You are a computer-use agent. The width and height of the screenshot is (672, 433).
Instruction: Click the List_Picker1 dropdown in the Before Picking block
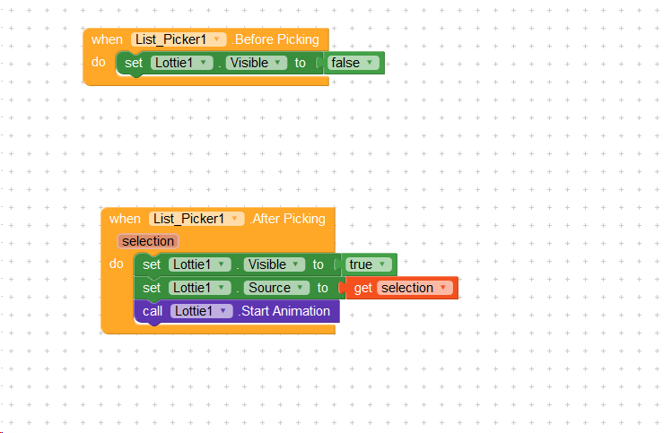(178, 39)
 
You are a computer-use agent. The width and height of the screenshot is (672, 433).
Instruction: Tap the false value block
(352, 63)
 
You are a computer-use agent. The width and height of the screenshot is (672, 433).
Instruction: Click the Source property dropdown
(275, 288)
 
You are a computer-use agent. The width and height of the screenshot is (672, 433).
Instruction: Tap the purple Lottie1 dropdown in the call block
(201, 311)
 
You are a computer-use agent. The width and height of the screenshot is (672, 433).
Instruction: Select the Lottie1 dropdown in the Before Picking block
(181, 63)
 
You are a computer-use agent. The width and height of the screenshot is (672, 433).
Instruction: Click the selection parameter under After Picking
(148, 241)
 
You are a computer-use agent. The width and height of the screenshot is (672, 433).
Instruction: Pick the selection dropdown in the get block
(415, 288)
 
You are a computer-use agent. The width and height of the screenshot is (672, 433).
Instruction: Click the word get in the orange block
(363, 288)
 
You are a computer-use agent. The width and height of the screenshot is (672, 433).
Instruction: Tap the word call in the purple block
(153, 311)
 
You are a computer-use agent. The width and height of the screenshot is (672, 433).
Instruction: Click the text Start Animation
(284, 311)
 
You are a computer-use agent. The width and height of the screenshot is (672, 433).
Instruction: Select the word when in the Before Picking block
(107, 39)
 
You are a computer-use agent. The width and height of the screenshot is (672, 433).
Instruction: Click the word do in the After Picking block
(117, 264)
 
